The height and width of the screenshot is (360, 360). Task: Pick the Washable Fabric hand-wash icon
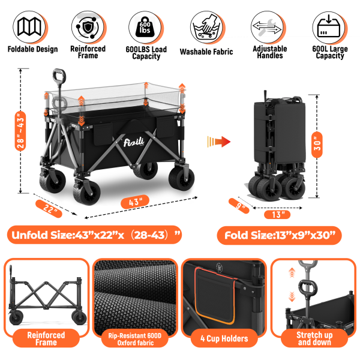coord(207,26)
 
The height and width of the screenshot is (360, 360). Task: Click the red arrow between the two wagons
coord(220,142)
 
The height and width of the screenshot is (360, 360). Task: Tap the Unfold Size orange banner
coord(94,234)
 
